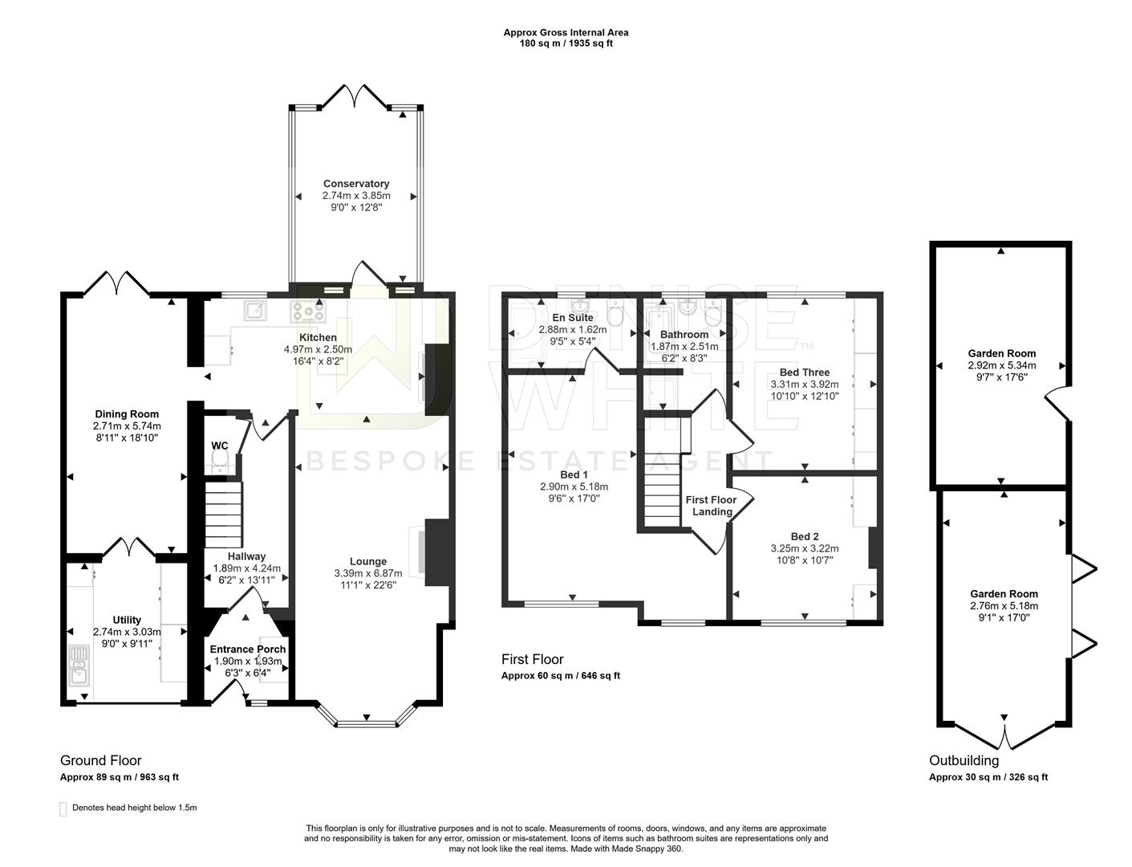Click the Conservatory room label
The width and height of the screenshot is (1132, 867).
point(356,184)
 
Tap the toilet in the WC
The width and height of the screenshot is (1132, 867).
point(220,458)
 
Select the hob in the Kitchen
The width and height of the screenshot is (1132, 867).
point(308,310)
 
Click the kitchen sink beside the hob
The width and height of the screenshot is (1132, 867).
point(257,310)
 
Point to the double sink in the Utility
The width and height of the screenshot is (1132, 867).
point(79,664)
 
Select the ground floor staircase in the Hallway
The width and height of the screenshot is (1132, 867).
point(223,514)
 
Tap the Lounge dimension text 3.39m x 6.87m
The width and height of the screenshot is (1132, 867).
point(367,573)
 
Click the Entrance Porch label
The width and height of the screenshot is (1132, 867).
point(247,649)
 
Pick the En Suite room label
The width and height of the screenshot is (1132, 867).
point(572,318)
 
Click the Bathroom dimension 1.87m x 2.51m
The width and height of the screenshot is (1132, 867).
point(684,346)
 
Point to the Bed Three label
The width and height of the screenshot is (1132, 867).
point(804,372)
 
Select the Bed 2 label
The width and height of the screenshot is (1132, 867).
point(804,536)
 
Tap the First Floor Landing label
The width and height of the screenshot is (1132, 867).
point(711,506)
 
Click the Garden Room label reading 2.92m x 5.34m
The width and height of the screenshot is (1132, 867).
point(1001,364)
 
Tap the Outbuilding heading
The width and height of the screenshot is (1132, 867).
point(964,760)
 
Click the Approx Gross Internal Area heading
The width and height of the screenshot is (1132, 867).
point(566,33)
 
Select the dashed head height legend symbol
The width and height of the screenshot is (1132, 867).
point(63,808)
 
